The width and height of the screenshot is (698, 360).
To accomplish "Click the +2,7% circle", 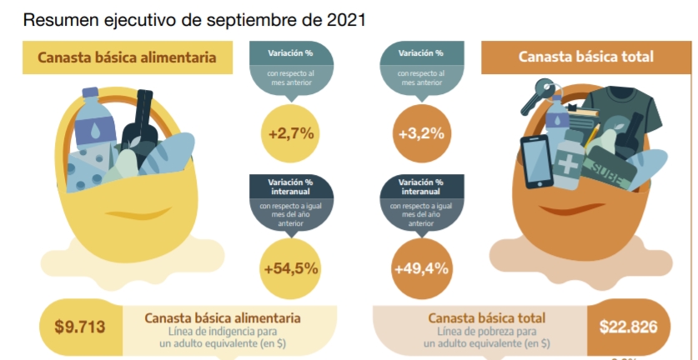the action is [x=292, y=133].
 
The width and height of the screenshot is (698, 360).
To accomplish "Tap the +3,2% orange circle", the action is [x=422, y=133].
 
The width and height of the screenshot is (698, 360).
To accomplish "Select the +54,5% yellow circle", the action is [x=291, y=269].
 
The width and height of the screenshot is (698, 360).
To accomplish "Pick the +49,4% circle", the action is [x=421, y=269].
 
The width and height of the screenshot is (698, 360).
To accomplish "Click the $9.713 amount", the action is [x=80, y=327].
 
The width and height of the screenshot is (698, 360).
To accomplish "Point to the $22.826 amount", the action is [x=628, y=327].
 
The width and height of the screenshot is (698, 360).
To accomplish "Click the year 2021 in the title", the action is [x=346, y=20].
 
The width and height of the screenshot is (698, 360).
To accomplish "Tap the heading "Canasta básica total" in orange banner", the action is [x=585, y=57].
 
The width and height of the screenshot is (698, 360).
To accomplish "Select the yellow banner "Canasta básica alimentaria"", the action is [x=128, y=57].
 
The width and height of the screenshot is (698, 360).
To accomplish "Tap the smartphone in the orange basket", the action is [x=537, y=162].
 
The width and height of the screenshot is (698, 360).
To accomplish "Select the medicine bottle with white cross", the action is [x=569, y=160].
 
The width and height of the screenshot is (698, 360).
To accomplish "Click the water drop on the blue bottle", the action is [x=96, y=131].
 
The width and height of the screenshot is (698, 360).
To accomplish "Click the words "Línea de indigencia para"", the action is [x=223, y=332].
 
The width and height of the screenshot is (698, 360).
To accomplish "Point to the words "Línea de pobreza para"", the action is [x=486, y=332].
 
